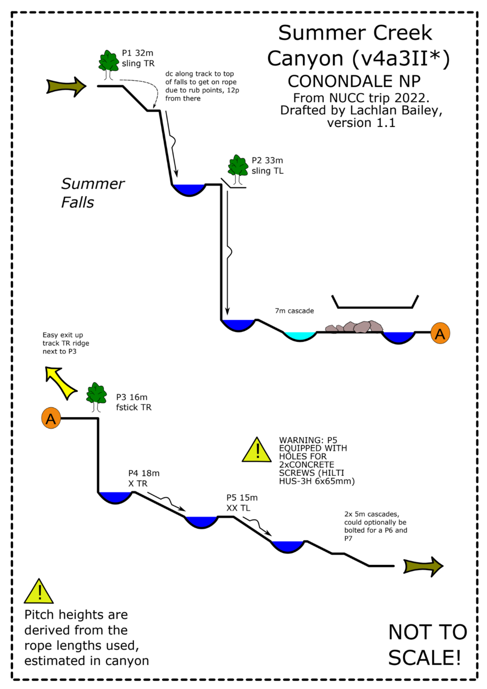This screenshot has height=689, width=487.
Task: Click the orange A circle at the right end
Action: click(x=440, y=334)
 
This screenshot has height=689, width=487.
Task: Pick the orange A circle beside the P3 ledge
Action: click(x=51, y=418)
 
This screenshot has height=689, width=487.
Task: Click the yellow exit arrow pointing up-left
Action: click(x=59, y=382)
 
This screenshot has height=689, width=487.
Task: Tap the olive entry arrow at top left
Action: click(x=66, y=87)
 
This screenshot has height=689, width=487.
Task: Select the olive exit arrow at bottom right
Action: click(x=423, y=566)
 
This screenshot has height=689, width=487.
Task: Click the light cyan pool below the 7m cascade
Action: click(x=300, y=336)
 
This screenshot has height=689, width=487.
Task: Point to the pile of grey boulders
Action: click(x=354, y=326)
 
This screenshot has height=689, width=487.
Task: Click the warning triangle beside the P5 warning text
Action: click(x=257, y=450)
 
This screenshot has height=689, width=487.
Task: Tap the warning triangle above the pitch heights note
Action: click(x=38, y=592)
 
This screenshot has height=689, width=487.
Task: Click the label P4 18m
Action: click(x=144, y=473)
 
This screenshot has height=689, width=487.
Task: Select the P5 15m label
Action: click(x=242, y=497)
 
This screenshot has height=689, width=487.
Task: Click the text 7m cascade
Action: click(x=294, y=311)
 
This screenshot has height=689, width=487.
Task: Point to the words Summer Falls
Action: click(x=92, y=193)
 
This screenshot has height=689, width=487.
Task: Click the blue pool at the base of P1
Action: click(x=189, y=189)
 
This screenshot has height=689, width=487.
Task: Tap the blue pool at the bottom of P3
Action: click(x=115, y=497)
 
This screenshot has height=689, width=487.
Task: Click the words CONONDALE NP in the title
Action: click(x=354, y=81)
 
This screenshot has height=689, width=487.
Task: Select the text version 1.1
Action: click(x=361, y=123)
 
